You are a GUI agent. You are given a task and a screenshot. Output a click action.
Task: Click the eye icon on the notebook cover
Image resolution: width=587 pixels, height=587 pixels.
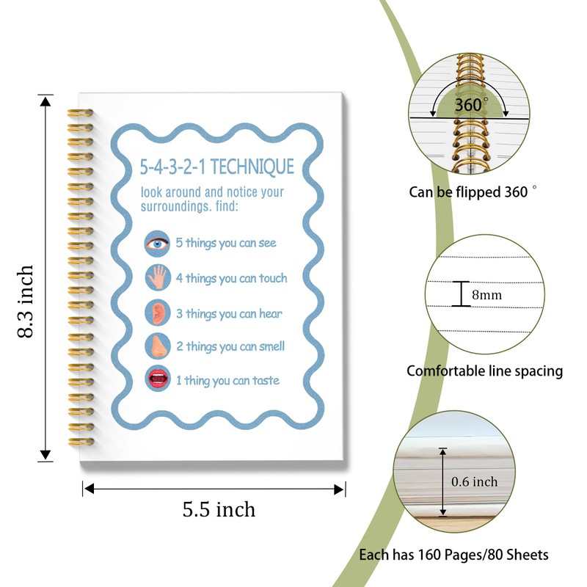157,243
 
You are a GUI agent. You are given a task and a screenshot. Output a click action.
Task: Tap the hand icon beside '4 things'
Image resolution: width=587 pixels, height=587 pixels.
157,278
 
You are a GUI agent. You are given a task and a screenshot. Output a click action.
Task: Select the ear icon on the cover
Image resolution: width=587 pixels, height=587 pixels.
157,313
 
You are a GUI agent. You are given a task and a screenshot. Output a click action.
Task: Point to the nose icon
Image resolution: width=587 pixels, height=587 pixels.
157,346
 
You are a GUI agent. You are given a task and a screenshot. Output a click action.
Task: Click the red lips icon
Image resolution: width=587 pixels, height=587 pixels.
157,380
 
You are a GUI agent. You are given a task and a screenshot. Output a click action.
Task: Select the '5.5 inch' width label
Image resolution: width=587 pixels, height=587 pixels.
219,508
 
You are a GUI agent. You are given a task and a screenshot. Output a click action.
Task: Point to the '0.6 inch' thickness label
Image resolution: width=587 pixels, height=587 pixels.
475,482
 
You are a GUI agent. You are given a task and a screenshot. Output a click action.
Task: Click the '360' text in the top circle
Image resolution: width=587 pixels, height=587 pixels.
468,105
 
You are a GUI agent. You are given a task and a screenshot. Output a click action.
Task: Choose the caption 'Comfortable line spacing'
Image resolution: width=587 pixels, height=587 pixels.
485,371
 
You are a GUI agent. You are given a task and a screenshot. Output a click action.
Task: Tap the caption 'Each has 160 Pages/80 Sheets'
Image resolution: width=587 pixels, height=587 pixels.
453,555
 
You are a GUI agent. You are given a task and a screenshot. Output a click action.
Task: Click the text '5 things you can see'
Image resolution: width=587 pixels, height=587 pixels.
226,242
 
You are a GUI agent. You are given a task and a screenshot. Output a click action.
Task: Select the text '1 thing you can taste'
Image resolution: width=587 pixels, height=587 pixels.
227,380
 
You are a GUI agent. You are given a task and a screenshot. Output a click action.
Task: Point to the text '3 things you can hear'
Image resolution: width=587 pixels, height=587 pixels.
229,313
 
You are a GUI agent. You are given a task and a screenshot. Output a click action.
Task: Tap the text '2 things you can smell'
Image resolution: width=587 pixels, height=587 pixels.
230,346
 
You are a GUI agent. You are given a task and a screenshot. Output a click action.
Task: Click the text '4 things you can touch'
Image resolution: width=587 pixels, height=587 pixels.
231,278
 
